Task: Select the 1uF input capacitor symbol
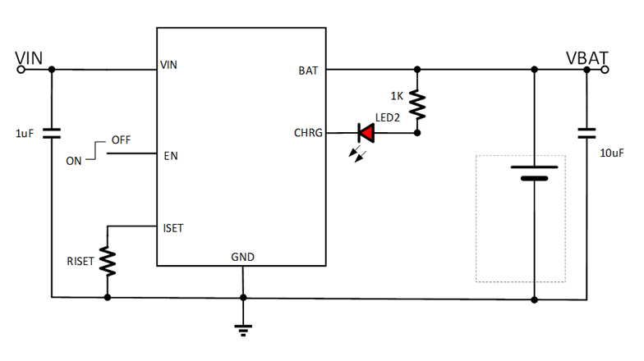tap(52, 132)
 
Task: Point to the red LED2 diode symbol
tap(366, 132)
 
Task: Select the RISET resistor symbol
tap(108, 260)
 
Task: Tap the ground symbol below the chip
tap(242, 329)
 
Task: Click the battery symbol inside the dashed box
tap(535, 173)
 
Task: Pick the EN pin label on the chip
tap(171, 155)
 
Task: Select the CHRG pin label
tap(309, 133)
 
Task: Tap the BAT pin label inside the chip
tap(308, 71)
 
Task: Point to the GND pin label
tap(242, 257)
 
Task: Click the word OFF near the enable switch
tap(121, 140)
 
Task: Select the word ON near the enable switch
tap(74, 162)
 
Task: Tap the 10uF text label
tap(613, 153)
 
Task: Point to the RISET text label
tap(81, 263)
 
